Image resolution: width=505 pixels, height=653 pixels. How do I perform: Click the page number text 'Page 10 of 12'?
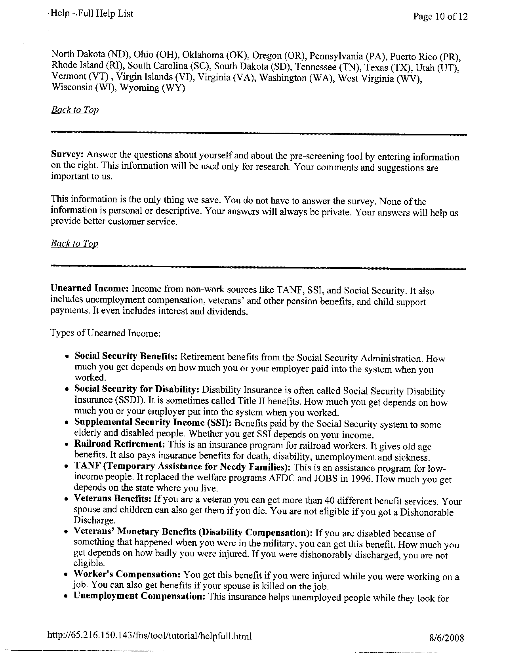440,17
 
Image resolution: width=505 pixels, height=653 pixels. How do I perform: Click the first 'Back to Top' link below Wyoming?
75,110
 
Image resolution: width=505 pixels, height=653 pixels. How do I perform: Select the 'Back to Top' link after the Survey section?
74,244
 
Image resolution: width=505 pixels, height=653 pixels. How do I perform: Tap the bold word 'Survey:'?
68,154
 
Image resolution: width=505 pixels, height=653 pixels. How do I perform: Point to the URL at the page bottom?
149,636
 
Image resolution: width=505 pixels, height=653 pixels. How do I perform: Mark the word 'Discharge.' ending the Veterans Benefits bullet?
95,520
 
